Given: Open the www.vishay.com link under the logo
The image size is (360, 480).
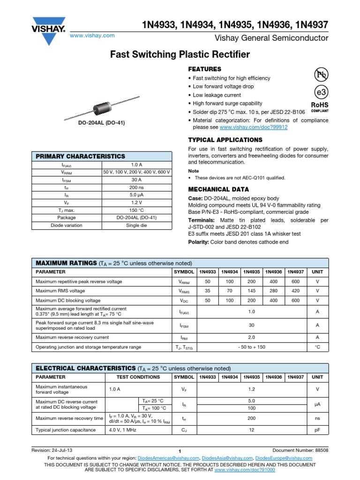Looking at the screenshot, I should pos(92,36).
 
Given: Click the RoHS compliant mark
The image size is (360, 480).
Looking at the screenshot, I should pos(320,107).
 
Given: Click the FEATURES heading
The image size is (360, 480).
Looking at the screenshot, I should pos(204,69).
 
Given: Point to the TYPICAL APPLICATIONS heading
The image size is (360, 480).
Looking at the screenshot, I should pos(225,140).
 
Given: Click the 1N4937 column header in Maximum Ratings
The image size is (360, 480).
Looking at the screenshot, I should pos(296,272).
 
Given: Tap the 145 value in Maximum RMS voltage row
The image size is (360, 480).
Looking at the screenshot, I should pos(252,291).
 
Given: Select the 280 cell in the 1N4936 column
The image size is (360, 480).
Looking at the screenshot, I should pos(274,291).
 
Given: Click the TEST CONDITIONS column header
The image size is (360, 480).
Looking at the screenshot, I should pos(138,377).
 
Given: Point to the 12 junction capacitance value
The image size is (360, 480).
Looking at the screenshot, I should pos(252,430).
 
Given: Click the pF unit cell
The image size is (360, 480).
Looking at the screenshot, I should pos(317,430).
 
